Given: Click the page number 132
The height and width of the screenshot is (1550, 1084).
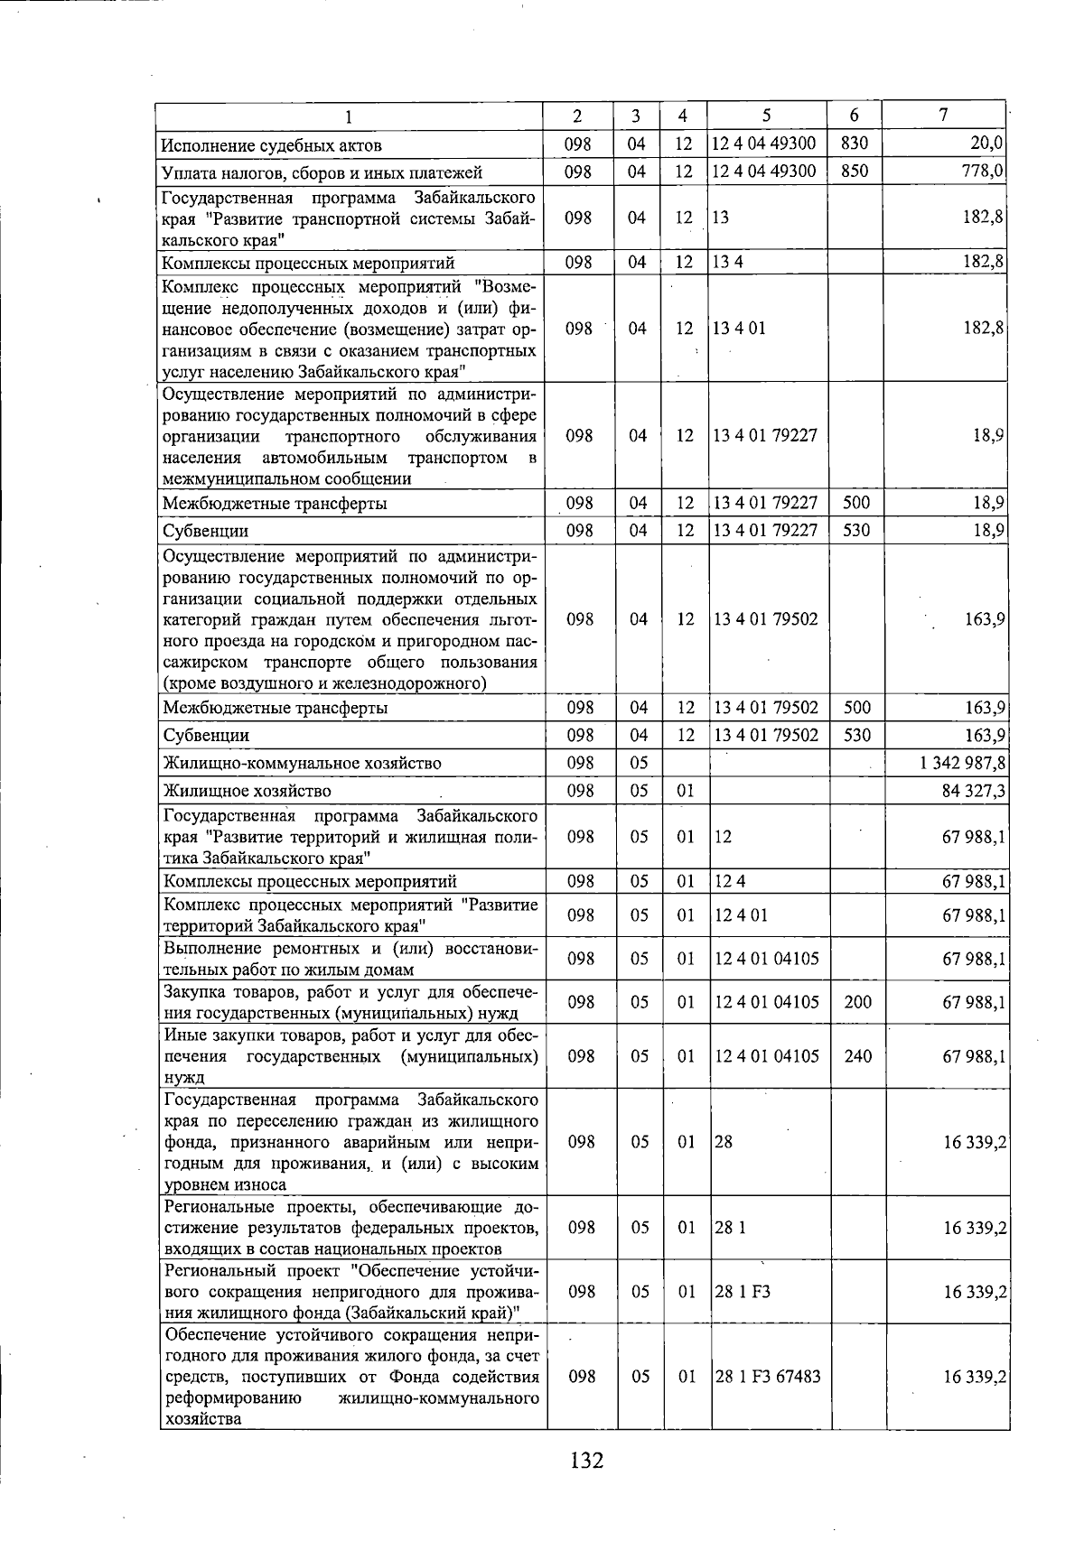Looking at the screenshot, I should (x=586, y=1460).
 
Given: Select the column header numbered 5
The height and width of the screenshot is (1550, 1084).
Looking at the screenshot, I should (x=766, y=116).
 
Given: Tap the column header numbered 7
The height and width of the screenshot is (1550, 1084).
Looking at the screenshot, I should (x=942, y=115).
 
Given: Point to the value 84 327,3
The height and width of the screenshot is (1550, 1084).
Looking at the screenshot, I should (x=974, y=791).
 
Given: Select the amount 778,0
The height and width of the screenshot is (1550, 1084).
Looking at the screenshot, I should (x=983, y=172).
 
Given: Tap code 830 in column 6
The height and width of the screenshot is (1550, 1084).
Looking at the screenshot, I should (x=854, y=144).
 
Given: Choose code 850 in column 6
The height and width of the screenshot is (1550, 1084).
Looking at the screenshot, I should (x=854, y=172).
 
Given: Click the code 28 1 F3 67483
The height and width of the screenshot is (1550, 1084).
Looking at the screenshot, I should (x=768, y=1377).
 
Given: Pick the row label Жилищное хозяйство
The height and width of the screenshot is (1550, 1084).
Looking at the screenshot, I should (x=247, y=791).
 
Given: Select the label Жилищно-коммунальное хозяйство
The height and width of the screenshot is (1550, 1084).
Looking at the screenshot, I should (x=302, y=763).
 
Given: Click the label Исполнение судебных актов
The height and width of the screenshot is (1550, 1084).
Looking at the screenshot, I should (x=271, y=145).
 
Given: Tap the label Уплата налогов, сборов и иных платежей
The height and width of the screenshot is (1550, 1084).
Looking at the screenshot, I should (x=322, y=172).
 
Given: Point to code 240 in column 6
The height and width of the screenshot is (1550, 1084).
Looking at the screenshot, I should (x=857, y=1055).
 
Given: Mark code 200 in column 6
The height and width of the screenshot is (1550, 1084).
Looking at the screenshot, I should (x=857, y=1002).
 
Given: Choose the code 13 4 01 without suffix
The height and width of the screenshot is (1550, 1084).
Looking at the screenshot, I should (x=740, y=328).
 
